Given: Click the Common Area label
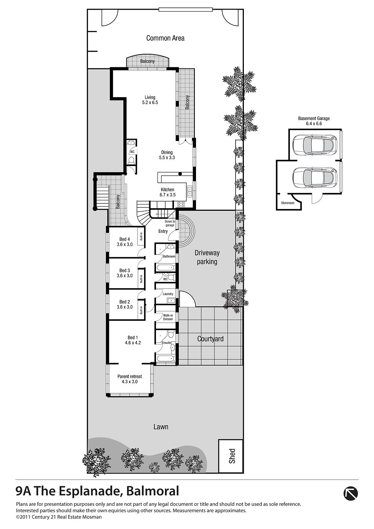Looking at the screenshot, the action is tap(165, 38).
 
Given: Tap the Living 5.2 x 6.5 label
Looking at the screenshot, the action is tap(150, 100).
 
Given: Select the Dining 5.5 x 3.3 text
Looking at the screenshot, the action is tap(167, 155).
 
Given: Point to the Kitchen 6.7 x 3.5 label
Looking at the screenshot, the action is tap(168, 192).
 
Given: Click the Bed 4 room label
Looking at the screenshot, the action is tap(125, 242).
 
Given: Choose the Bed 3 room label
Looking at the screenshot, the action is tap(125, 273).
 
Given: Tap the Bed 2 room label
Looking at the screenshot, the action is tap(125, 304).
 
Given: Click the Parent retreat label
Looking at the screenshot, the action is tap(130, 379).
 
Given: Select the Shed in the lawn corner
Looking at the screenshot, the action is tap(231, 459).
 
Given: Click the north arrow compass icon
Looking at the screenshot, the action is tap(350, 493).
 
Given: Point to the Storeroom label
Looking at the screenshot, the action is tap(288, 203).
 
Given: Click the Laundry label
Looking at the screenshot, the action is tap(168, 294).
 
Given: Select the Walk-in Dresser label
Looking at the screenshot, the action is tap(168, 317).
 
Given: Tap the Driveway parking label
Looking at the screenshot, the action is tap(207, 257).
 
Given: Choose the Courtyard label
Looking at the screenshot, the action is tap(210, 339).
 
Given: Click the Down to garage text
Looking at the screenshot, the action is tap(170, 224).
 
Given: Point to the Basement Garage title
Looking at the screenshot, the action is tap(314, 121).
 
